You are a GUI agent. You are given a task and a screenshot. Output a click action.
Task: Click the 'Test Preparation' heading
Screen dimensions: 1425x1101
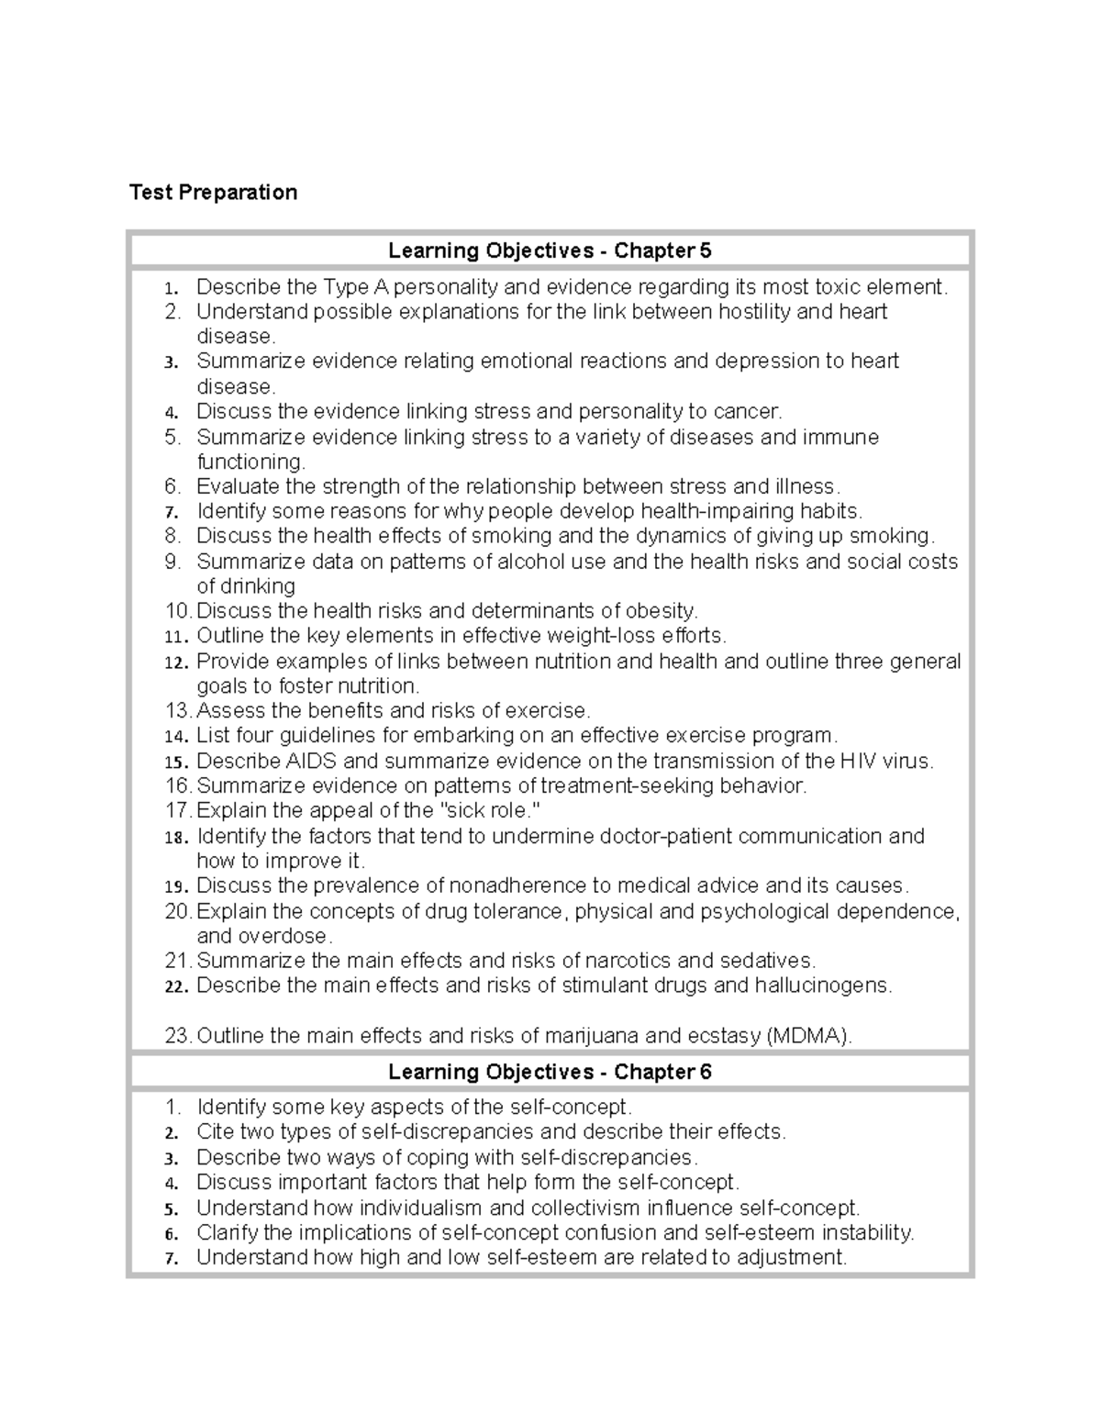(213, 192)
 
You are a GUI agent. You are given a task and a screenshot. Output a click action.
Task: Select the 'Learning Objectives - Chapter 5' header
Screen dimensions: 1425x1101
(550, 250)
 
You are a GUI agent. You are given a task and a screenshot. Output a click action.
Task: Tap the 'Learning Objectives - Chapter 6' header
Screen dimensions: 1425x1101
(550, 1072)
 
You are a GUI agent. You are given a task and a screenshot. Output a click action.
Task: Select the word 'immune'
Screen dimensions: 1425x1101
(840, 437)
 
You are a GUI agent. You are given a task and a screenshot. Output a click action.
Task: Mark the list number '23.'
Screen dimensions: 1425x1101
(179, 1036)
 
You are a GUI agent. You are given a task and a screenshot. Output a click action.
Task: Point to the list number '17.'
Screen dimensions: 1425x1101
(179, 811)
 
